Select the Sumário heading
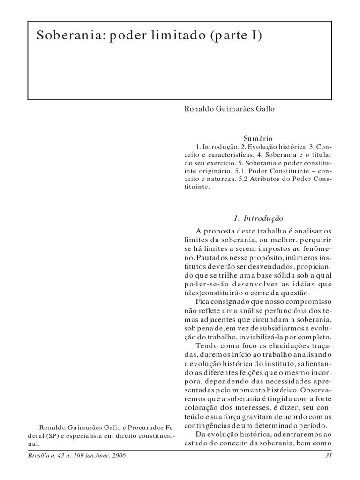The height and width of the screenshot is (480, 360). click(x=258, y=138)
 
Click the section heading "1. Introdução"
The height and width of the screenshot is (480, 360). click(x=259, y=218)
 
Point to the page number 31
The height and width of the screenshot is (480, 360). click(x=328, y=455)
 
